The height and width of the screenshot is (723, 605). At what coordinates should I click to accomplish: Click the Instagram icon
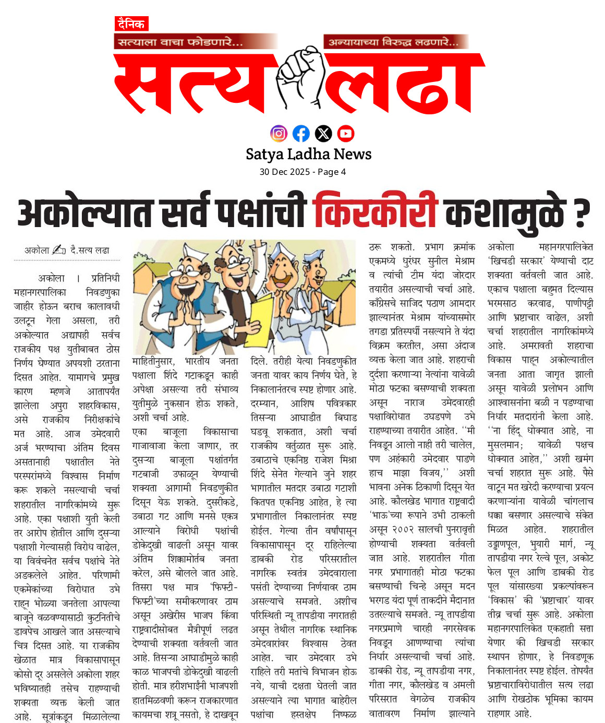(279, 134)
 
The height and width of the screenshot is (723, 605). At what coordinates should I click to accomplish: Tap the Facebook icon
(301, 134)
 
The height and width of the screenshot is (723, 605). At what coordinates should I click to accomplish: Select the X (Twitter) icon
(323, 134)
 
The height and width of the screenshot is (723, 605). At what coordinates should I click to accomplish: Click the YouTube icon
(346, 134)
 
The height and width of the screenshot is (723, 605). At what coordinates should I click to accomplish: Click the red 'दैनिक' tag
(131, 24)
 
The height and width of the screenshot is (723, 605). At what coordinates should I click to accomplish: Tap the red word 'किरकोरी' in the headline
(374, 211)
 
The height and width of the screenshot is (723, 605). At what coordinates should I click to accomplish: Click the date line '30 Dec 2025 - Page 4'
(302, 172)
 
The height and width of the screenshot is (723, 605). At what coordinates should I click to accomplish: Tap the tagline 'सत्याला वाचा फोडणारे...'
(180, 42)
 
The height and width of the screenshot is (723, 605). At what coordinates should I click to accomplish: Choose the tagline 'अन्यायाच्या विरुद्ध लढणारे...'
(393, 42)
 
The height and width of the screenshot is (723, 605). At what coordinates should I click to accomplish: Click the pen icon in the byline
(59, 250)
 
